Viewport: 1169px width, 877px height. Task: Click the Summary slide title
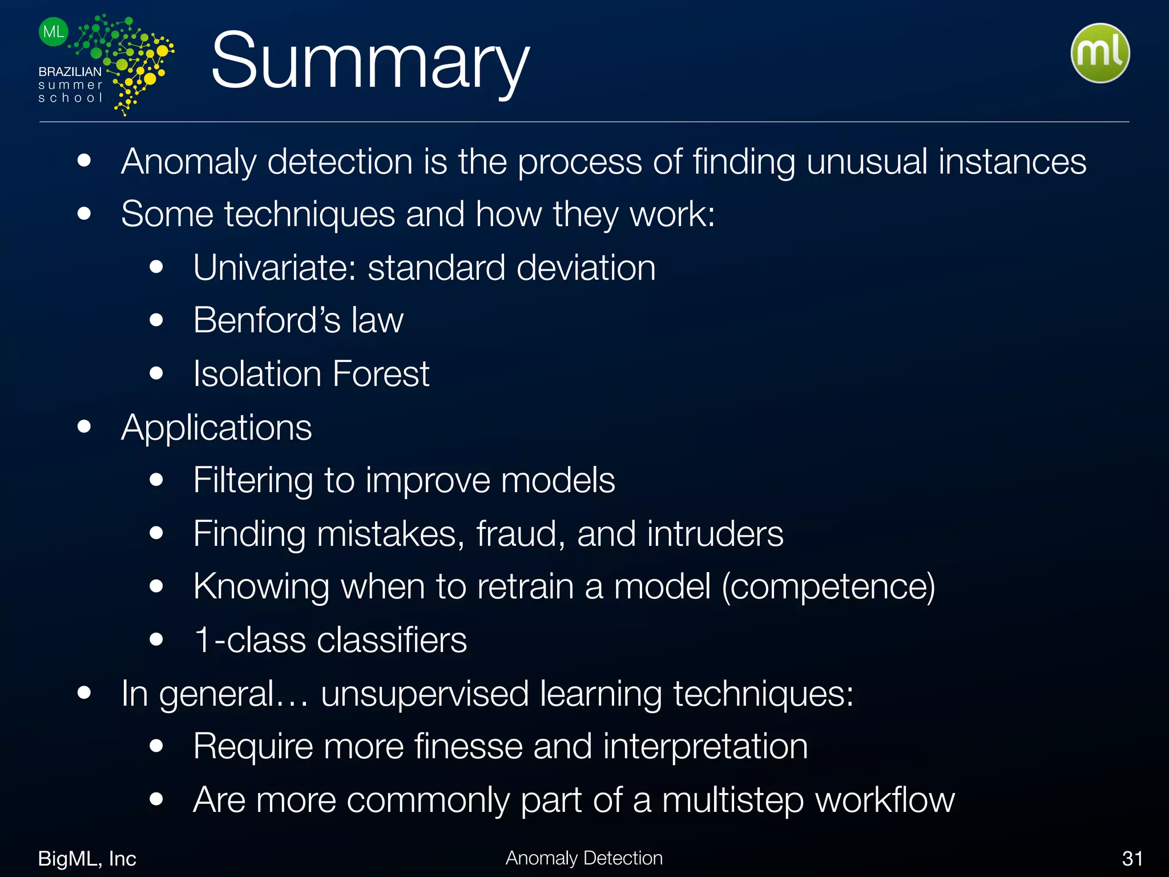click(x=370, y=62)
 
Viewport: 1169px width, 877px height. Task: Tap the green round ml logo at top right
click(x=1099, y=53)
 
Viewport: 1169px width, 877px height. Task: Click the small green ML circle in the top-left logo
click(x=54, y=32)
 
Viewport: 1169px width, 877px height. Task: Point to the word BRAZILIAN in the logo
click(x=70, y=72)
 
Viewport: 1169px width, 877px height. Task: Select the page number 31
click(x=1132, y=858)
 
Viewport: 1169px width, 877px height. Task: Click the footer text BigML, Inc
click(x=87, y=858)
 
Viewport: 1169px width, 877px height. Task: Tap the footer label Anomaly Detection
click(x=584, y=858)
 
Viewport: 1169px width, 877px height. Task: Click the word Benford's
click(x=266, y=320)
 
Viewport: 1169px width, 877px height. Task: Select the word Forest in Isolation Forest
click(x=380, y=373)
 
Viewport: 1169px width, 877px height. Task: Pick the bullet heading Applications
click(x=216, y=427)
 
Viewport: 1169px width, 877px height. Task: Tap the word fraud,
click(x=521, y=533)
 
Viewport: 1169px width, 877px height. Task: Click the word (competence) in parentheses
click(x=828, y=586)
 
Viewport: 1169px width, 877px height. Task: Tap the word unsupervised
click(x=425, y=693)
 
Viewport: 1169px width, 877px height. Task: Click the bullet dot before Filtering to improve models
click(x=156, y=480)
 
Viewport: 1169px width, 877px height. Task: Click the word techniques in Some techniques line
click(x=309, y=214)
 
